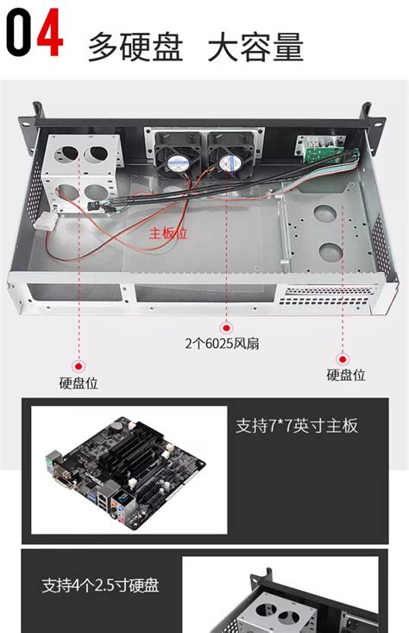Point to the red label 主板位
(x=168, y=234)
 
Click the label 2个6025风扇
(x=223, y=343)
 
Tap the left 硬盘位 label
(x=79, y=383)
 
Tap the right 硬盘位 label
(x=345, y=375)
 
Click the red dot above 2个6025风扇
(x=226, y=327)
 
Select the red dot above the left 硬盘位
(x=79, y=366)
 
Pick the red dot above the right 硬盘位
(x=342, y=358)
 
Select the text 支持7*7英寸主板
(x=296, y=426)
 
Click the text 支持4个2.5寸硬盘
(x=101, y=586)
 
